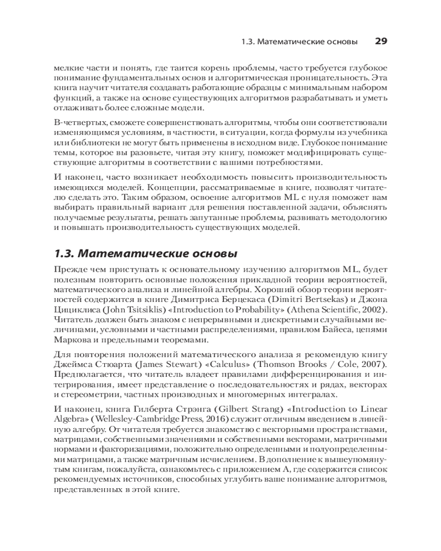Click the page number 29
pyautogui.click(x=381, y=41)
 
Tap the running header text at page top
pyautogui.click(x=300, y=42)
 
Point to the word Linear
pyautogui.click(x=374, y=409)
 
